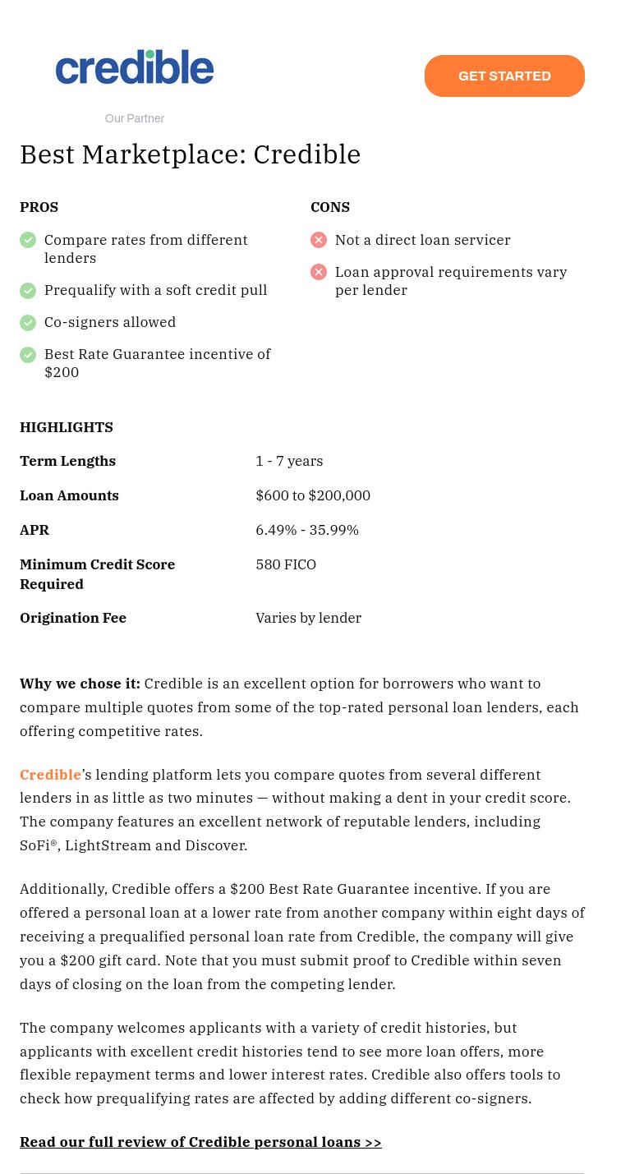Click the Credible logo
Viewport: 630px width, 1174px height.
click(x=135, y=67)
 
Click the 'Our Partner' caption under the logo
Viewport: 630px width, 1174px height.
click(x=135, y=118)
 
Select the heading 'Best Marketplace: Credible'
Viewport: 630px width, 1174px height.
click(x=190, y=154)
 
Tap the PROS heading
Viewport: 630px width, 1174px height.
click(x=39, y=207)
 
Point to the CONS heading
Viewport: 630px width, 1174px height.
click(x=330, y=207)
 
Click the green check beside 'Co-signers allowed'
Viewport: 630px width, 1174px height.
click(x=28, y=322)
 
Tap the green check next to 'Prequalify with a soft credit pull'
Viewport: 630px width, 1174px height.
click(x=28, y=290)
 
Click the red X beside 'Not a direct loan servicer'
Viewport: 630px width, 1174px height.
click(x=319, y=240)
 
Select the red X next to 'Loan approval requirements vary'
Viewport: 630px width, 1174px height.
click(x=319, y=272)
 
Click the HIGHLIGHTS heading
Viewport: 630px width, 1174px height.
click(x=67, y=427)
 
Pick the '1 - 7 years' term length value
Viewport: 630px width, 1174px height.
click(x=289, y=461)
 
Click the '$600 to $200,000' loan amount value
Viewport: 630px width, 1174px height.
click(x=313, y=495)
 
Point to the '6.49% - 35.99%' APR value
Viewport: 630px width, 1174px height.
click(x=307, y=530)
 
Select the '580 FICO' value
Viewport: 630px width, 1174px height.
click(x=286, y=564)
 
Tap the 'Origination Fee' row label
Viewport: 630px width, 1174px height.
click(x=73, y=618)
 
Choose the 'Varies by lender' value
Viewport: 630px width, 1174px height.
click(x=308, y=618)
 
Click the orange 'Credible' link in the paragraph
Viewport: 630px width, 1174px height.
click(x=50, y=775)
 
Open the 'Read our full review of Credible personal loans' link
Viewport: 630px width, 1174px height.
click(x=200, y=1142)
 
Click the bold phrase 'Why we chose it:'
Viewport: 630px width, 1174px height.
click(x=80, y=684)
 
